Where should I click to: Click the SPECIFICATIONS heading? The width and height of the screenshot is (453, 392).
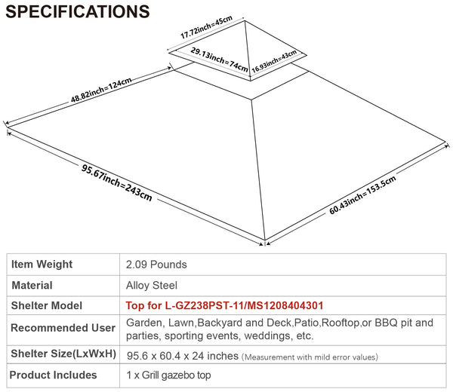coord(78,11)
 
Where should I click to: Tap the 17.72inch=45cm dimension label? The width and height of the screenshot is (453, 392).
coord(206,27)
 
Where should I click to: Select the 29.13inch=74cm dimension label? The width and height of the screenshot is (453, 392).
coord(219,60)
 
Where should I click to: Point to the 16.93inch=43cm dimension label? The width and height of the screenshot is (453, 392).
coord(274,61)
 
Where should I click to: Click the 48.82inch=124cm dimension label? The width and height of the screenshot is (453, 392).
coord(101,90)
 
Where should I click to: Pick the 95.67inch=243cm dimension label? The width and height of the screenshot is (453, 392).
coord(116,182)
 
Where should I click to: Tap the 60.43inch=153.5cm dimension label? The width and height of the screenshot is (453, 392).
coord(362,195)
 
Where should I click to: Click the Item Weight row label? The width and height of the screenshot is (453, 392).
coord(42,264)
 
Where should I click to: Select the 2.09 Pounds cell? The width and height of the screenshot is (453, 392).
coord(156,265)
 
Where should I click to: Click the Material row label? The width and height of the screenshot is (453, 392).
coord(32,285)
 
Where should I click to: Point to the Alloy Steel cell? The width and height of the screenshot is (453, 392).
coord(152,285)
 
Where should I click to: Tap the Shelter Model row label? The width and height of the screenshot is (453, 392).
coord(47,305)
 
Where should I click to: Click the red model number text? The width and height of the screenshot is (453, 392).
coord(224,305)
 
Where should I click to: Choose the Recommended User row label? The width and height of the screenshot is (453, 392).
coord(63,328)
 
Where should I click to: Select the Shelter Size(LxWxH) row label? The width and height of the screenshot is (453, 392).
coord(63,354)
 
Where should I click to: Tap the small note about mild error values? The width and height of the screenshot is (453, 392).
coord(310,357)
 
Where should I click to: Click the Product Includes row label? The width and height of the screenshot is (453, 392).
coord(53,375)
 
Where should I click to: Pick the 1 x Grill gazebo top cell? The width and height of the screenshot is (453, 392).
coord(168,375)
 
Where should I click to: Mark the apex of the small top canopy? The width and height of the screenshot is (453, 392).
coord(245,21)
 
